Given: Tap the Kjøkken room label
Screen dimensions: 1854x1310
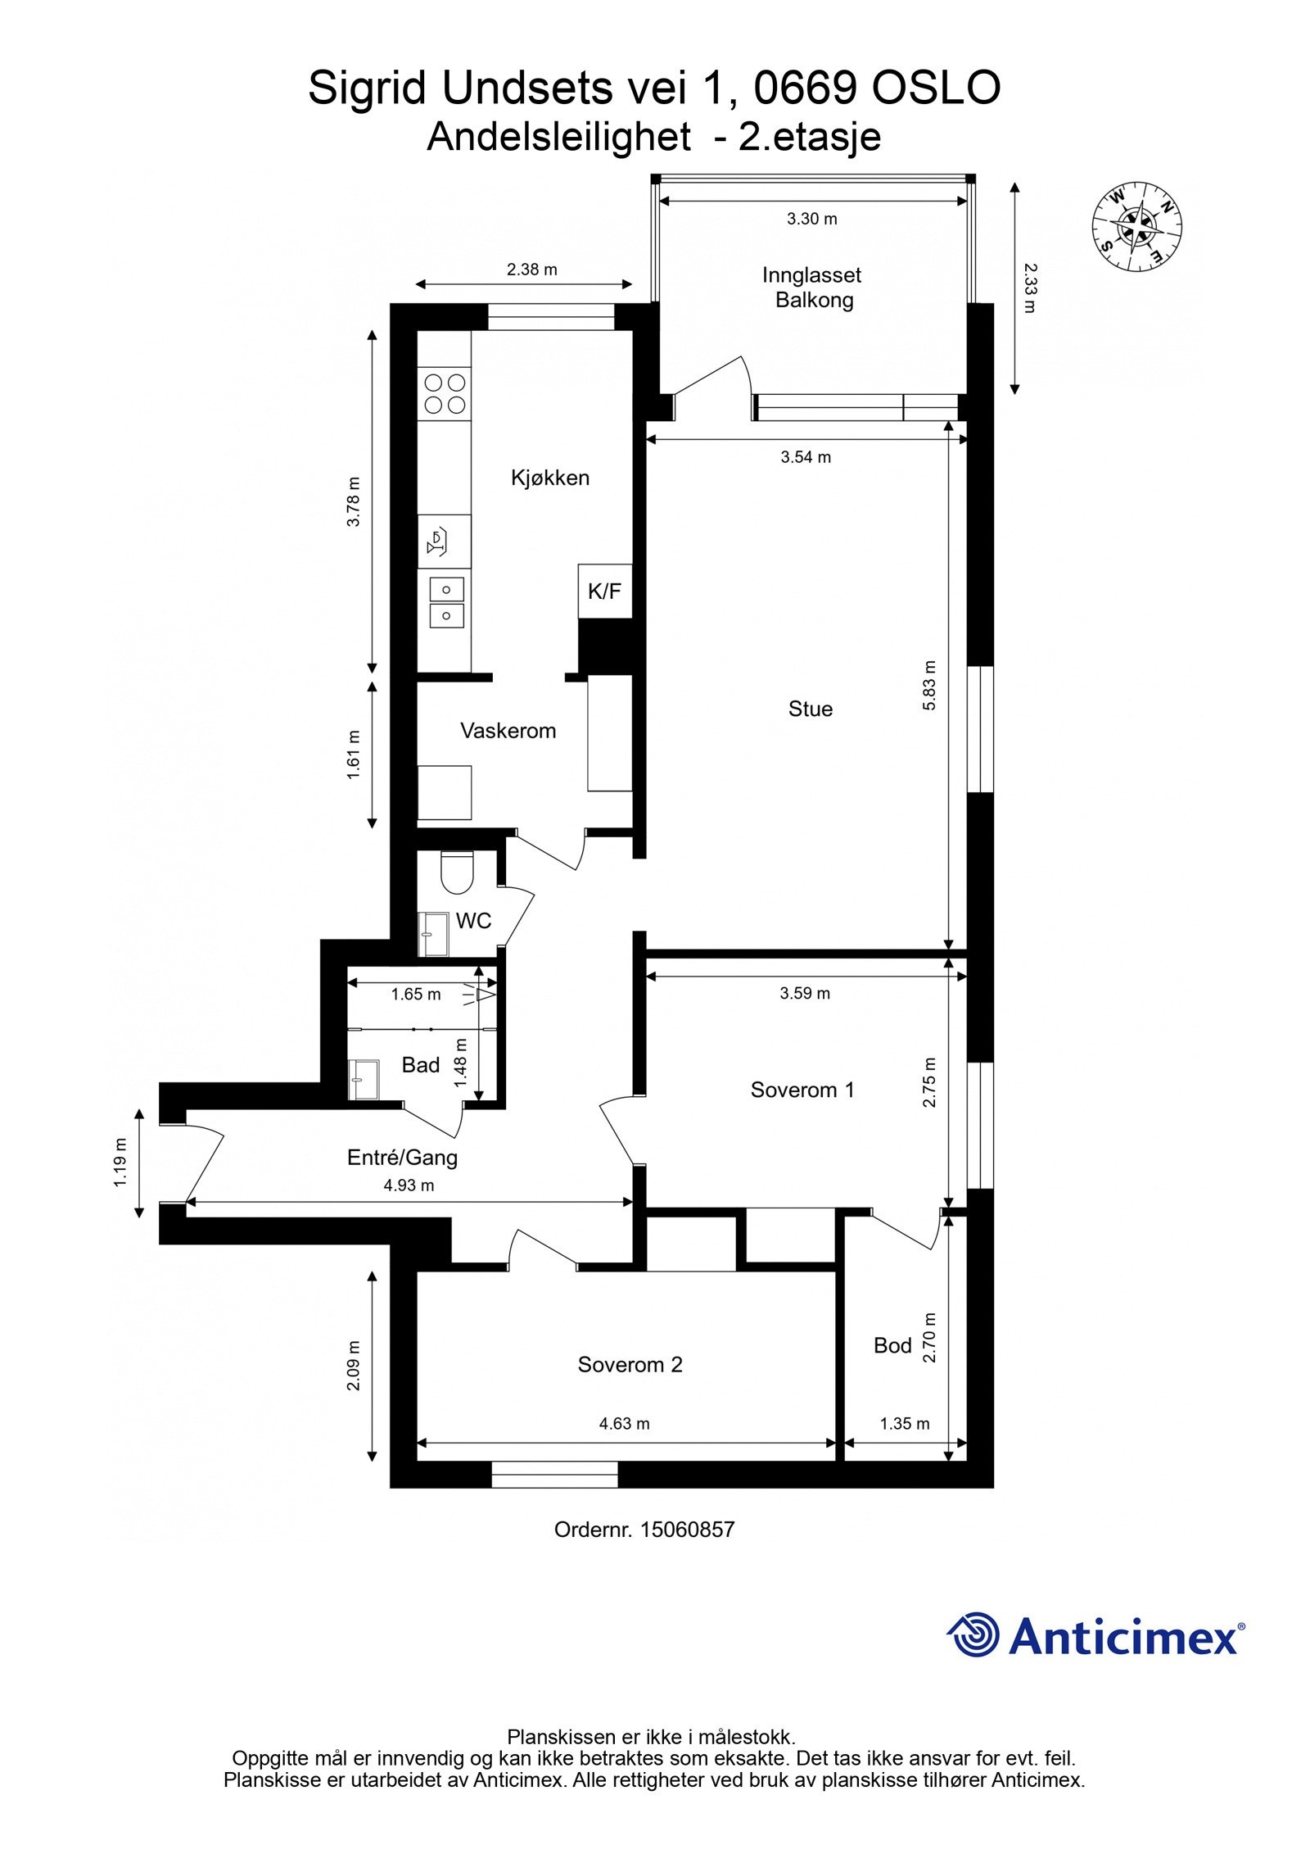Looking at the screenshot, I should click(550, 478).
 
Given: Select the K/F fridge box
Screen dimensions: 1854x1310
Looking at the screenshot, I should click(605, 591).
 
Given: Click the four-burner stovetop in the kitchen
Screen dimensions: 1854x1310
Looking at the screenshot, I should click(445, 393).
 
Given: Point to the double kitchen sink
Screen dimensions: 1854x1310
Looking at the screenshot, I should click(446, 601).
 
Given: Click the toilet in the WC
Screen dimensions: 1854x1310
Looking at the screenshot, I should click(456, 873).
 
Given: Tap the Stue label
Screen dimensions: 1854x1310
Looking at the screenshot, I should click(811, 709).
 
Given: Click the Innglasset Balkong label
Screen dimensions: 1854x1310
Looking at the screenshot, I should click(812, 288).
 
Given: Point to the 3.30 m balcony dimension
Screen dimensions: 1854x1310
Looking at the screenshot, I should click(812, 219).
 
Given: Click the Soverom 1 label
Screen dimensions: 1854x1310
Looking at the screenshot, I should click(802, 1090).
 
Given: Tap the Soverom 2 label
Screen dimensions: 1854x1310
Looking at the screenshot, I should click(630, 1364).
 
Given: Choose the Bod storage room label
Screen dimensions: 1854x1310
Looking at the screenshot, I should click(892, 1345).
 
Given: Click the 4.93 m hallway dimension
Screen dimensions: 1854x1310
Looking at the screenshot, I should click(409, 1185).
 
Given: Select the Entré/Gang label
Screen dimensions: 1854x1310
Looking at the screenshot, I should click(402, 1158).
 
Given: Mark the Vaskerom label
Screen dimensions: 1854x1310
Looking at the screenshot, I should click(508, 731).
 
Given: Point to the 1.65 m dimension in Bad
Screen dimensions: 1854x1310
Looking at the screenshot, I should click(416, 995).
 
